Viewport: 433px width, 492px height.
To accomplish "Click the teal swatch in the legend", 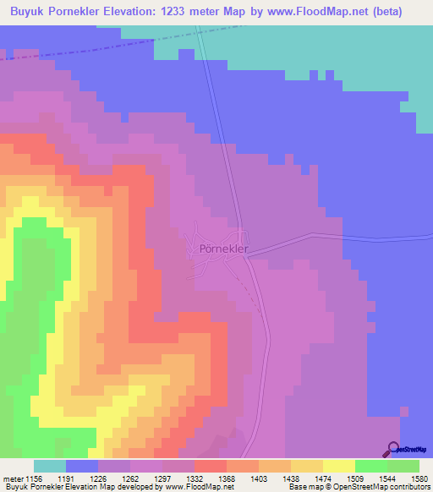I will (x=50, y=466).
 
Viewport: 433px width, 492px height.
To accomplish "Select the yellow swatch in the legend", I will (x=339, y=466).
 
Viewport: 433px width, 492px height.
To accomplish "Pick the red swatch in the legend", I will (x=211, y=466).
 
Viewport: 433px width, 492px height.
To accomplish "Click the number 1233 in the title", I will (x=197, y=12).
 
